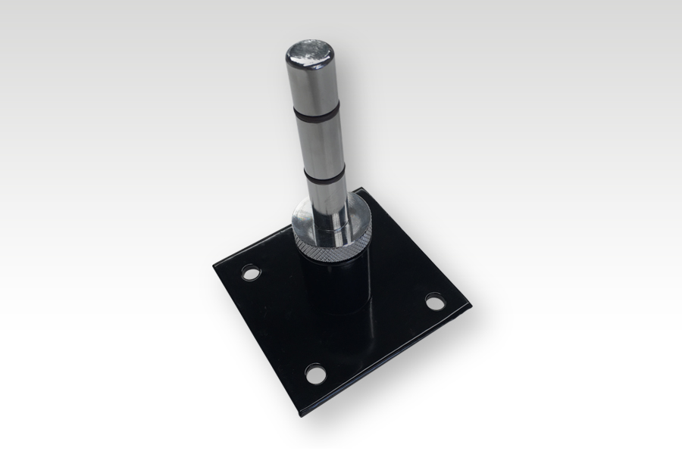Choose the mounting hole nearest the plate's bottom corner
[x=313, y=372]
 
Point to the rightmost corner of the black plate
[x=470, y=306]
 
